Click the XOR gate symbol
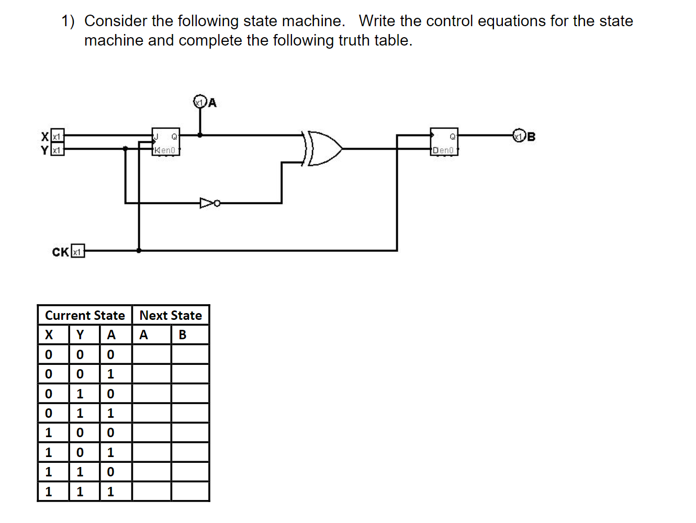323,148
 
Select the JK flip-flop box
166,142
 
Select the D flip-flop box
444,142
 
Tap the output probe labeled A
199,102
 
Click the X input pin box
58,136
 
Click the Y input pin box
58,150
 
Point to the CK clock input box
77,252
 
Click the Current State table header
85,315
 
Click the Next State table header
171,315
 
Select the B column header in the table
183,335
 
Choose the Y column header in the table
80,335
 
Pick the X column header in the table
49,335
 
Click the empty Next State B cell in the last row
190,492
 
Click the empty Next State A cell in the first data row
152,354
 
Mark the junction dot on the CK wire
139,251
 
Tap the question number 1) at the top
68,21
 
